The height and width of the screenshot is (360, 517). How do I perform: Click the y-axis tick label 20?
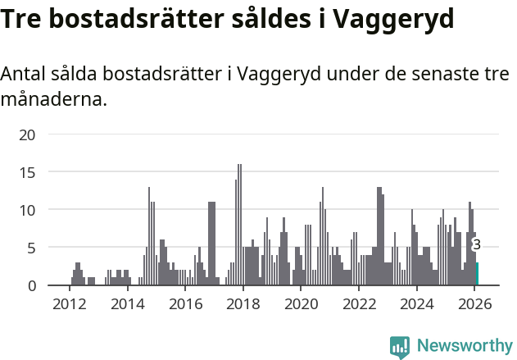(28, 134)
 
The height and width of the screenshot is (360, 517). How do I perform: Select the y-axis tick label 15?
(28, 172)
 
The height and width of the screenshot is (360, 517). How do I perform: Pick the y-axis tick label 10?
(28, 210)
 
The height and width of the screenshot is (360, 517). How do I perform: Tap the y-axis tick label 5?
(32, 248)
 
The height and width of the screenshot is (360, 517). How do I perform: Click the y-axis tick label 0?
(32, 285)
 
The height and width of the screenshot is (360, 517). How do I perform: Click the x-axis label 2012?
(69, 303)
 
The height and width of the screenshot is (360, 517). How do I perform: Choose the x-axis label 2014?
(127, 303)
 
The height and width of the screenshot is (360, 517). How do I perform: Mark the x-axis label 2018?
(243, 303)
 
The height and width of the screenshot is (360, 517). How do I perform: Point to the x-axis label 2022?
(359, 303)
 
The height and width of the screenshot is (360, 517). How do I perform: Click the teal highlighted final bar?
(478, 274)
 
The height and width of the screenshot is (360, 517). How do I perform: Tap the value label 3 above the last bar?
(477, 244)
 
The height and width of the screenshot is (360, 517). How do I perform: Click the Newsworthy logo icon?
(400, 347)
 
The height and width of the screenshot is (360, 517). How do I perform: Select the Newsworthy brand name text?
(465, 346)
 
